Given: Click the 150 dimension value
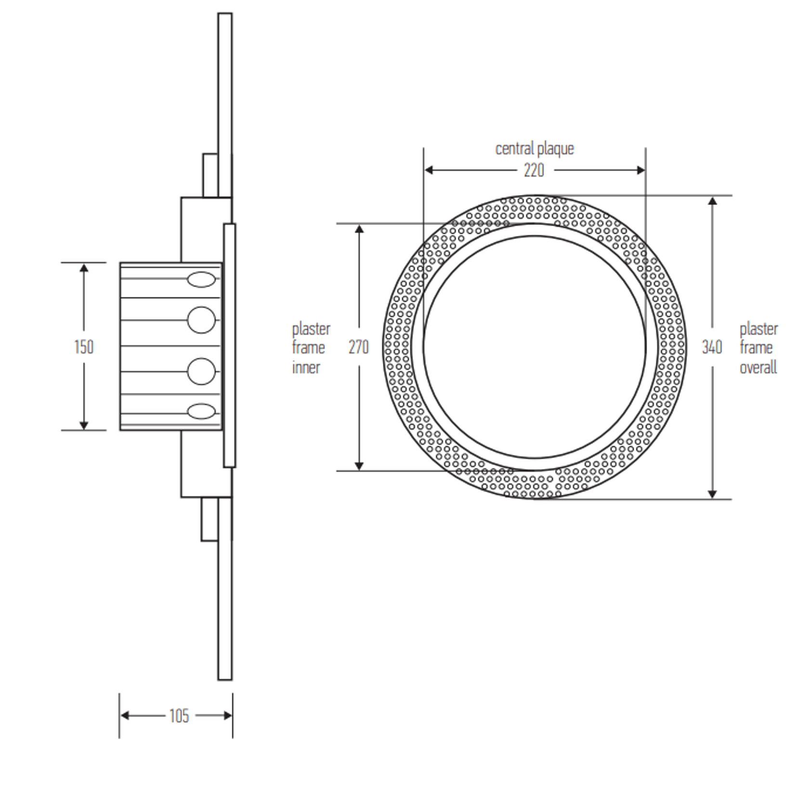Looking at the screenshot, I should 84,347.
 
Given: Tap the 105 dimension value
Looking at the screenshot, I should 179,716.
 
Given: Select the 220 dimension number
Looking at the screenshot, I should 534,170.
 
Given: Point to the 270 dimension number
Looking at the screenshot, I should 359,347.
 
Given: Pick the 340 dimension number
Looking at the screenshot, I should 712,347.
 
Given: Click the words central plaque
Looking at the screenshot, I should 534,149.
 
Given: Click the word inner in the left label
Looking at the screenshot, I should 306,367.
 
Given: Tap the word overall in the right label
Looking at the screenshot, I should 758,367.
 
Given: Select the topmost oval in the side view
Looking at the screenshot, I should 201,280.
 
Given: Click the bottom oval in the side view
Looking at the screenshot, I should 201,412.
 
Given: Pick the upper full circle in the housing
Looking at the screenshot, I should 201,320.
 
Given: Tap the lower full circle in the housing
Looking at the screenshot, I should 201,371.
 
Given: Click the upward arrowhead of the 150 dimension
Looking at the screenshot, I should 84,268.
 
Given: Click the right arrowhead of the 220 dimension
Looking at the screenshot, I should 640,170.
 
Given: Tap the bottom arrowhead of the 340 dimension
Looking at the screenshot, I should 713,494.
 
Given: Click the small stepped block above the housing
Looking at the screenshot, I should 210,175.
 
